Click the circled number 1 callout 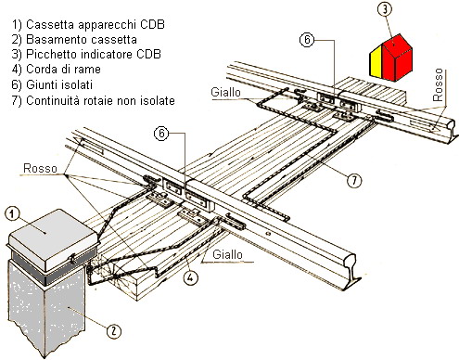click(x=12, y=214)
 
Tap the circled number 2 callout click(x=114, y=331)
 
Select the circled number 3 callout click(x=385, y=9)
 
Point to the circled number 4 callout click(x=190, y=277)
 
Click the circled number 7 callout click(x=354, y=180)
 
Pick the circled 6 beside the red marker click(x=307, y=40)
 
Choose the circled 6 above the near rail click(x=161, y=134)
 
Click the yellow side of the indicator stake click(x=376, y=62)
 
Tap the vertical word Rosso click(x=438, y=85)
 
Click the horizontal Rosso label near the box click(x=40, y=169)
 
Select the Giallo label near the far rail click(x=225, y=92)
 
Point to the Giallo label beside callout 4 click(x=227, y=254)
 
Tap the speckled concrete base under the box click(x=46, y=306)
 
